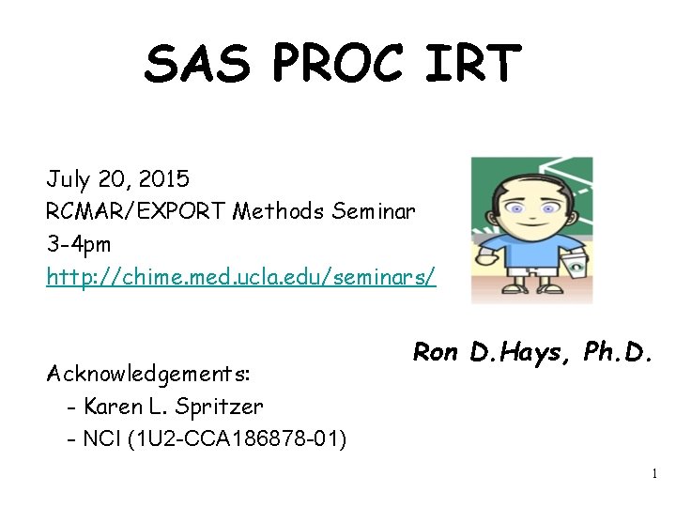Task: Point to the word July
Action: [69, 178]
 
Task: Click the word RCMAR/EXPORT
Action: [134, 212]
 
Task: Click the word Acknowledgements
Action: [148, 374]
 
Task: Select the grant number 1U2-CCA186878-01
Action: [238, 438]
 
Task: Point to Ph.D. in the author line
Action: [616, 354]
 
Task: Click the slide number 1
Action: [654, 474]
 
